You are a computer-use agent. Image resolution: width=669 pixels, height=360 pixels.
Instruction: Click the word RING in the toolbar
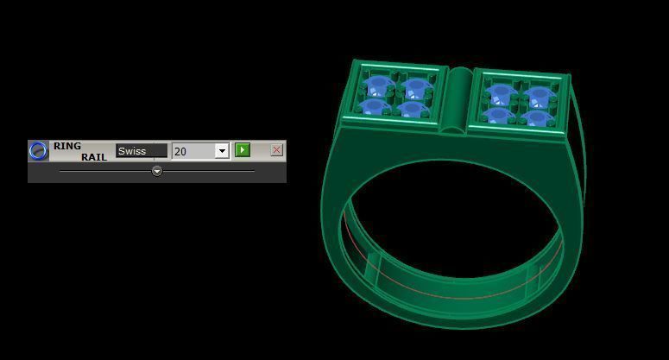pos(66,146)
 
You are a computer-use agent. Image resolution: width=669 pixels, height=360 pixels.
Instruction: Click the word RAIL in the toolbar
pos(94,157)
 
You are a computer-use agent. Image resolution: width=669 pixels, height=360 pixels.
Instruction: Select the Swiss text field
pos(142,151)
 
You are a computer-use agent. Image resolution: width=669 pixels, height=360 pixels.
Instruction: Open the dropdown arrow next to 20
pos(222,151)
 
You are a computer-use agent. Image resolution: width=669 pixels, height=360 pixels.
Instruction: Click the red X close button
pos(276,150)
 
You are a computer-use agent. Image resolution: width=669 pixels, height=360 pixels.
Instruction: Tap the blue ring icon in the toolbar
pos(38,151)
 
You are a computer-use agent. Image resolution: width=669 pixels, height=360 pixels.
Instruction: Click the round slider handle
pos(157,171)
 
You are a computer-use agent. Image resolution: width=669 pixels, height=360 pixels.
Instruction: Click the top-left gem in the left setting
pos(378,85)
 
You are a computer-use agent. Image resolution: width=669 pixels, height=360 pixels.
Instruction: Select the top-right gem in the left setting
pos(417,88)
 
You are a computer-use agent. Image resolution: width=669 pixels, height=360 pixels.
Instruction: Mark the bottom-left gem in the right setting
pos(498,114)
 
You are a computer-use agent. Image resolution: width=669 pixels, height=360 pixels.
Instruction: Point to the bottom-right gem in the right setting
pos(536,117)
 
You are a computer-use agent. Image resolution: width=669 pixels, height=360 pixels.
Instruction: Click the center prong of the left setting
pos(395,97)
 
